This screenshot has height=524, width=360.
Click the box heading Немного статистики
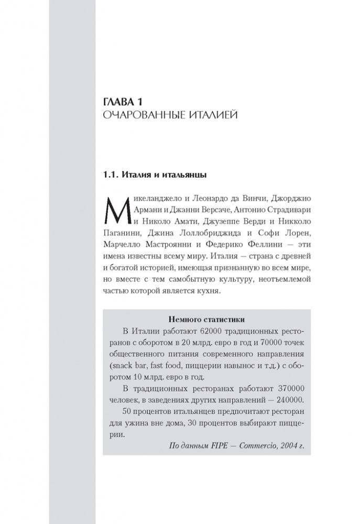(x=209, y=318)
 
